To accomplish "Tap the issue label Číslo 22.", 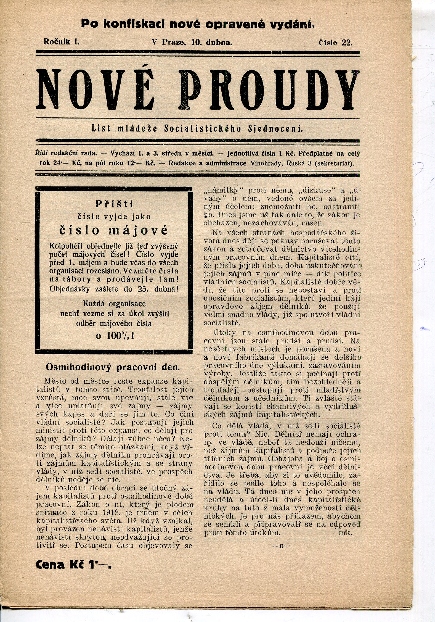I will click(336, 43).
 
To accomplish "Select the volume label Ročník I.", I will click(61, 42).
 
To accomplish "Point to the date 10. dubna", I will click(212, 42).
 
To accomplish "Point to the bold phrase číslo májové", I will click(114, 230).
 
